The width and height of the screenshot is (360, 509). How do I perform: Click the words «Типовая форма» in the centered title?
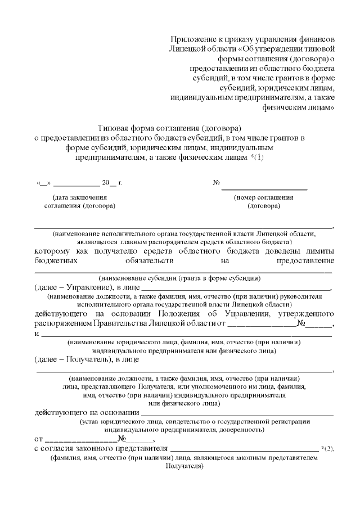(125, 128)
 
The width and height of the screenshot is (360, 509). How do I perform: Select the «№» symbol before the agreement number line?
(215, 183)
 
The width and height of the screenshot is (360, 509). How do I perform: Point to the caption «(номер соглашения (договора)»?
(263, 201)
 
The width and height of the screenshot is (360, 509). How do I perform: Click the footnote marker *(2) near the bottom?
(328, 448)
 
